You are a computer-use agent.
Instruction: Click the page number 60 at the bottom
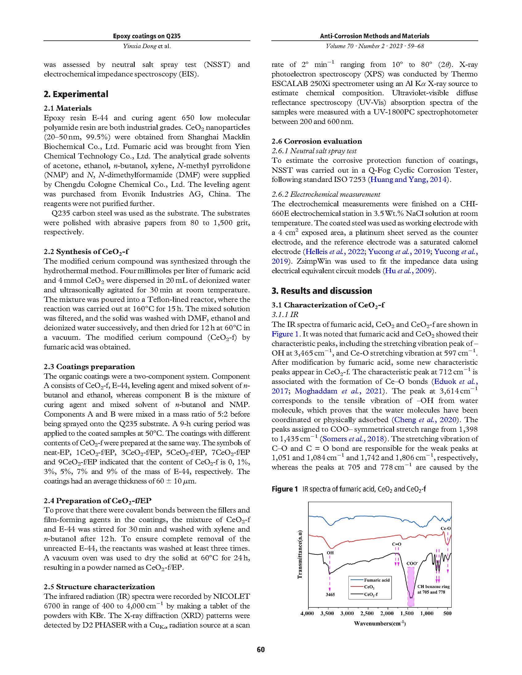point(261,649)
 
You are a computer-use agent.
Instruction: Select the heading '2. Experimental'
point(76,94)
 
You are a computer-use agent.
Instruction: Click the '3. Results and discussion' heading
point(322,291)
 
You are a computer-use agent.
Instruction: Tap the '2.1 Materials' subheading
point(68,108)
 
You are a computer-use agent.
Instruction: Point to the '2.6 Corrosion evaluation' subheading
point(317,141)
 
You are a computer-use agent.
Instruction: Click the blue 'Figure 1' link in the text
point(282,334)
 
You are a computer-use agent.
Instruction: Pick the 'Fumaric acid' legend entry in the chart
point(377,580)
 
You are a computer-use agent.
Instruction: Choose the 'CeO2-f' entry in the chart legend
point(371,594)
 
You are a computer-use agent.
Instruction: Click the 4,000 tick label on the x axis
point(307,613)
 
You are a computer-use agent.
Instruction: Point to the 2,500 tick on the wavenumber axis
point(367,613)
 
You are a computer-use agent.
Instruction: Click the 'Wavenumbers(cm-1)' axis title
point(380,624)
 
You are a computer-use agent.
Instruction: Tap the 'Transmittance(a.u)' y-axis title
point(299,554)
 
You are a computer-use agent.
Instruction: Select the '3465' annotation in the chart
point(330,594)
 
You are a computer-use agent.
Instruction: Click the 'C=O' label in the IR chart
point(397,544)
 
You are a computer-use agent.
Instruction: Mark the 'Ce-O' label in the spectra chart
point(445,529)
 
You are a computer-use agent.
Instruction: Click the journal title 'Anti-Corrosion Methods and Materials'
point(375,36)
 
